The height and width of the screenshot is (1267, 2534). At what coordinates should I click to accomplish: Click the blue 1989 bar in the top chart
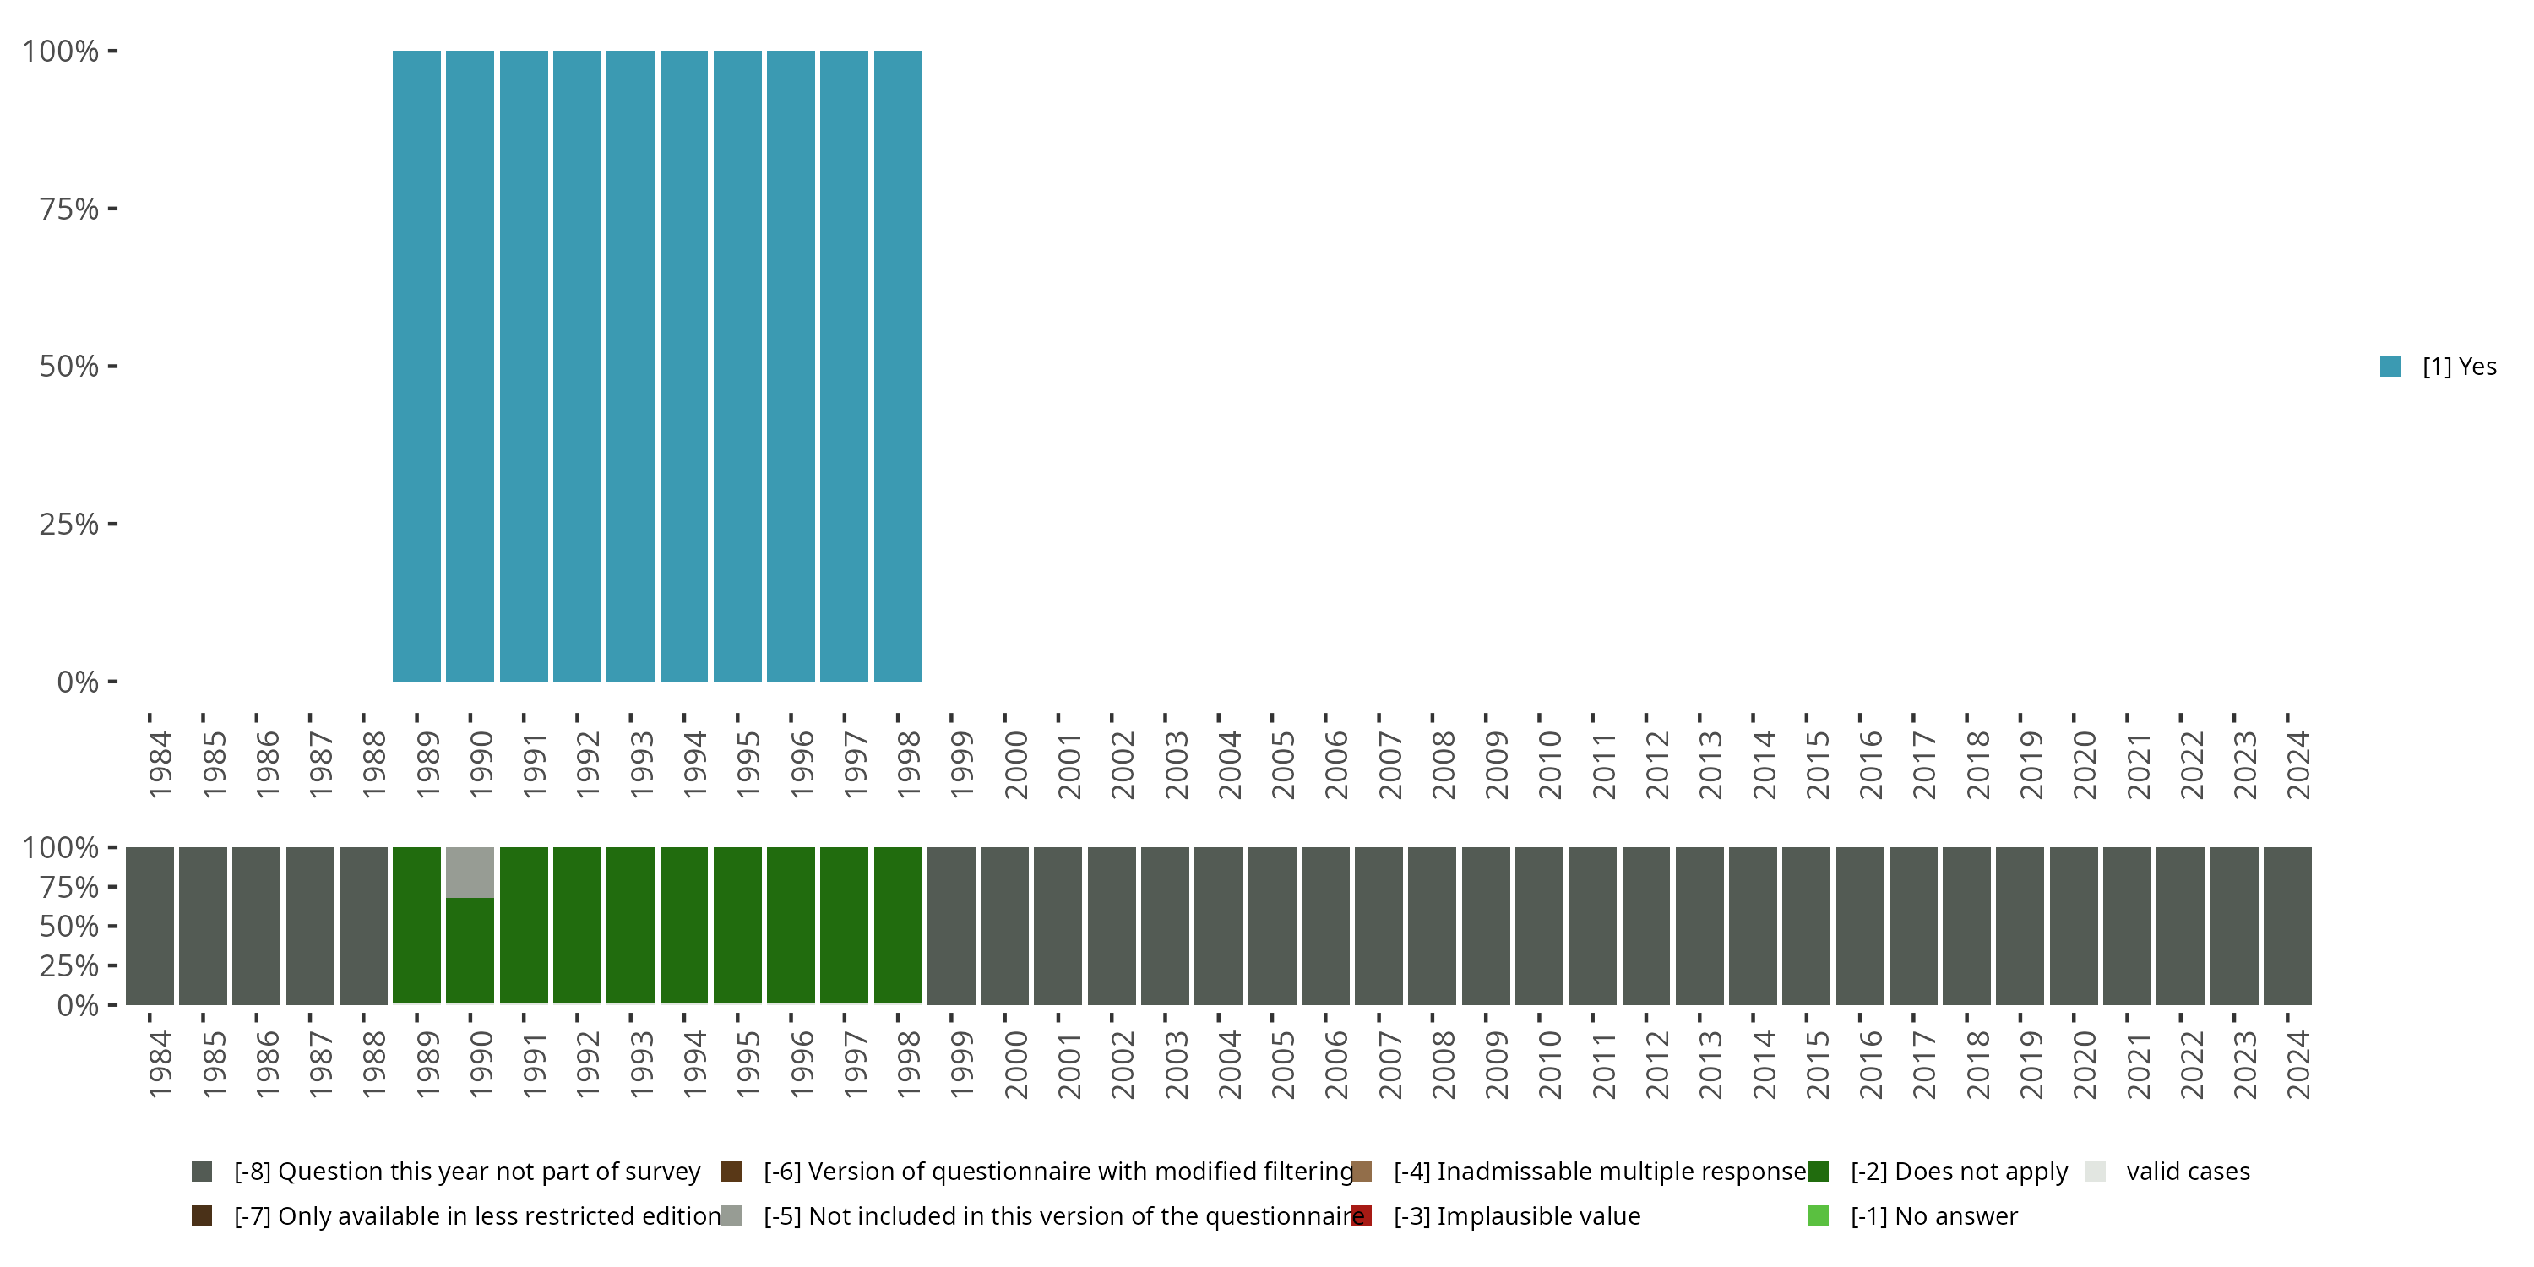pos(416,366)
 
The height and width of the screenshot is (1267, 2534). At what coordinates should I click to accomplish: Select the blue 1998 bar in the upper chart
pos(897,366)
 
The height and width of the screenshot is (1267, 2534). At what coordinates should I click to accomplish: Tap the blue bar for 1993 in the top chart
pos(629,366)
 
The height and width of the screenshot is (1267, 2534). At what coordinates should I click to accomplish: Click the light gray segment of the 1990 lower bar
pos(470,872)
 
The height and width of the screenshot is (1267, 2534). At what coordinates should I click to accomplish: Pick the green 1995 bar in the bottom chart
pos(737,925)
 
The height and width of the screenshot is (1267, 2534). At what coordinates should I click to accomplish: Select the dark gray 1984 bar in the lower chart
pos(150,925)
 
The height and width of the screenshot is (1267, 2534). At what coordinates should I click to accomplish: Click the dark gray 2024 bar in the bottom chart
pos(2287,925)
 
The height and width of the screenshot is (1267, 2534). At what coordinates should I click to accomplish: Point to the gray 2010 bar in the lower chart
pos(1538,925)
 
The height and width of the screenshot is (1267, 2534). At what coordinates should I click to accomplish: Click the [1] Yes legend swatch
pos(2390,366)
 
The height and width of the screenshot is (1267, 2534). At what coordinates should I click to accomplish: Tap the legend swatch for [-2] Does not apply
pos(1818,1171)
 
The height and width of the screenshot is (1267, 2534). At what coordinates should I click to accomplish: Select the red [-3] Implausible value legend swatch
pos(1362,1215)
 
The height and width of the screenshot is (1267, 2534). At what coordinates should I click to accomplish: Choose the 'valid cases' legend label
pos(2188,1171)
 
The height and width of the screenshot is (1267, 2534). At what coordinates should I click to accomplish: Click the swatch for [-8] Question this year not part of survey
pos(202,1171)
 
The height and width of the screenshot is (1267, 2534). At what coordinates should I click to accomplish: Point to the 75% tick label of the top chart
pos(69,209)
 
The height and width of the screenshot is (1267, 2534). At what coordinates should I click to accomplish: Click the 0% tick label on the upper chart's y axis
pos(78,682)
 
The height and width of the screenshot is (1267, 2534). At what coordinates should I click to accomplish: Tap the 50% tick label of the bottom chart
pos(69,926)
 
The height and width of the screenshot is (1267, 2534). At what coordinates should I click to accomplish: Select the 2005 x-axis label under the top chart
pos(1281,764)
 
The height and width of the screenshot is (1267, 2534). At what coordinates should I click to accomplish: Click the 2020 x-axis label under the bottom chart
pos(2084,1064)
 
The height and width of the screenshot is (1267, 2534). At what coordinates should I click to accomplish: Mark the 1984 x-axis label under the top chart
pos(160,764)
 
